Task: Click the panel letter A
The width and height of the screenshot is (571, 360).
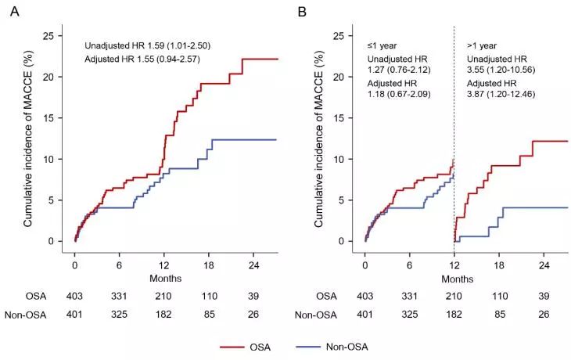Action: pyautogui.click(x=12, y=13)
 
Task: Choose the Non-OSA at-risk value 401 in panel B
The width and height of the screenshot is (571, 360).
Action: pyautogui.click(x=365, y=315)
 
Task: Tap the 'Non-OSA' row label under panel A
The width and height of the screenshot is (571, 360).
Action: pyautogui.click(x=29, y=315)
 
